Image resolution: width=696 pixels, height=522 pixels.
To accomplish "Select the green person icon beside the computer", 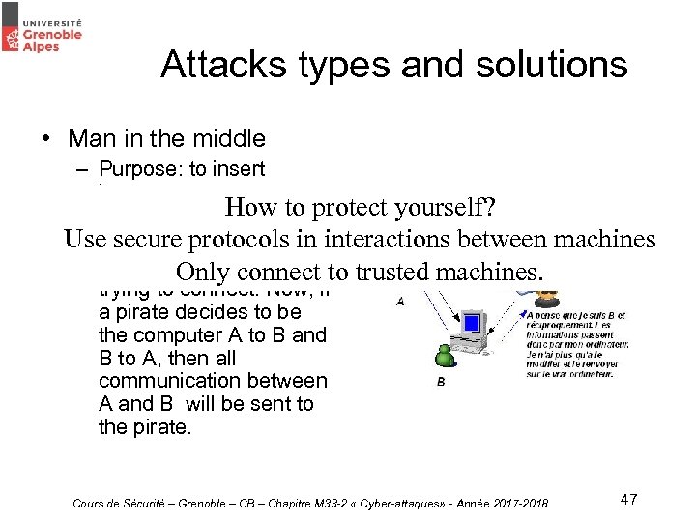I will [445, 355].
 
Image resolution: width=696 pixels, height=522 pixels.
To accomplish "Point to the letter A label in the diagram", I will [399, 301].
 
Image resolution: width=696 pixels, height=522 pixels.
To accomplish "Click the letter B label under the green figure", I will [442, 381].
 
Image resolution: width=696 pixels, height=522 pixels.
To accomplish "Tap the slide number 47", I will [628, 499].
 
